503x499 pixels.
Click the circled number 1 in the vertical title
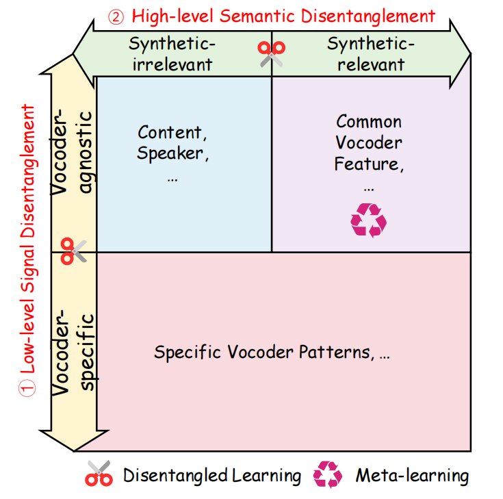point(27,389)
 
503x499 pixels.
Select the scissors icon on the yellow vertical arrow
point(74,251)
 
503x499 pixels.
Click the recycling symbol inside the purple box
point(368,220)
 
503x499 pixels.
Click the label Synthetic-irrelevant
point(171,55)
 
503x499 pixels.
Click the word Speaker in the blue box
point(171,153)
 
